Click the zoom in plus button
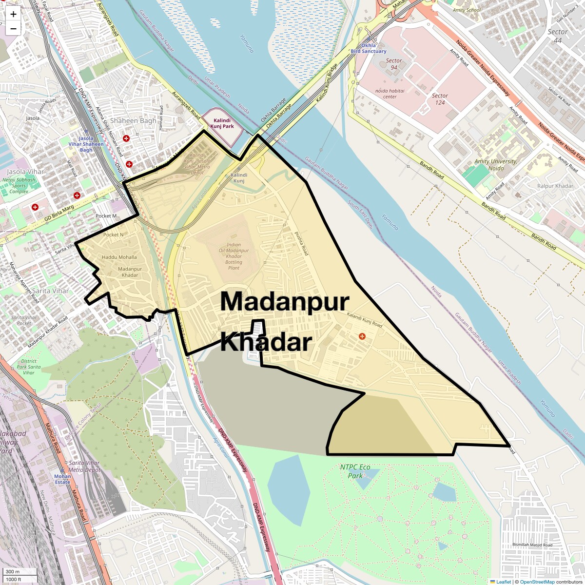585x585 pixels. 13,14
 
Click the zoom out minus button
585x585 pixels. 13,29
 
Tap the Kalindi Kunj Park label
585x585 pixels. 222,123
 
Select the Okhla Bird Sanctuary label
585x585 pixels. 369,48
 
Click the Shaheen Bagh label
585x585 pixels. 133,120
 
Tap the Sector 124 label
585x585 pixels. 440,99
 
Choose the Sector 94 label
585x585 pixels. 394,64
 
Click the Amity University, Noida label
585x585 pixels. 496,165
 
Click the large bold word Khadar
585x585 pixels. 266,343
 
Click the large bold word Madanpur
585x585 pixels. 285,301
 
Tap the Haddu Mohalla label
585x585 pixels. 119,257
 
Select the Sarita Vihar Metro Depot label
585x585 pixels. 84,467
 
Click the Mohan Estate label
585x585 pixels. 62,479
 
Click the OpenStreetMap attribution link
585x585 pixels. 537,582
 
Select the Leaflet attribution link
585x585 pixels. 503,582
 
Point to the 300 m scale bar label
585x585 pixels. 13,572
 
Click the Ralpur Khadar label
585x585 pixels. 555,186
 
